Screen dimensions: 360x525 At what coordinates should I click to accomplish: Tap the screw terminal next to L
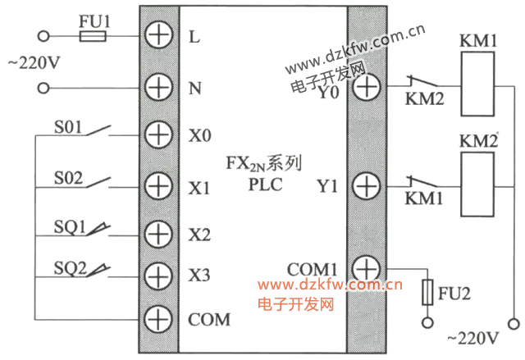tap(156, 35)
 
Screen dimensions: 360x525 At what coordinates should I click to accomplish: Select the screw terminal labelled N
tap(156, 86)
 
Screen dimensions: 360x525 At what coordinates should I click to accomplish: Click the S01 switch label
tap(69, 126)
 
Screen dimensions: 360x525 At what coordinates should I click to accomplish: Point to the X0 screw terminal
tap(156, 134)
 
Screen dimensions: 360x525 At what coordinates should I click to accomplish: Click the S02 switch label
tap(69, 176)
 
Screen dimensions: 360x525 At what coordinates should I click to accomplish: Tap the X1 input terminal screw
tap(156, 184)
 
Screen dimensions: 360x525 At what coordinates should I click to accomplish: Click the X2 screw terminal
tap(156, 233)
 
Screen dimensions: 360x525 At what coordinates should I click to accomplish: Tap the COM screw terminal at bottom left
tap(156, 318)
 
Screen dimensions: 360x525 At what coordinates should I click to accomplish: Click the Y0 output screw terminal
tap(366, 85)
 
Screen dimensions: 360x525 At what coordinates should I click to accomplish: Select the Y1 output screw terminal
tap(366, 185)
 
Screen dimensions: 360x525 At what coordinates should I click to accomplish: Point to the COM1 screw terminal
tap(366, 268)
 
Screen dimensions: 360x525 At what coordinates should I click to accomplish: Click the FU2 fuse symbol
tap(427, 292)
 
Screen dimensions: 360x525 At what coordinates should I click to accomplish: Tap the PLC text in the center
tap(265, 184)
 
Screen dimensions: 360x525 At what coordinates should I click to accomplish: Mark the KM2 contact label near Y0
tap(424, 100)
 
